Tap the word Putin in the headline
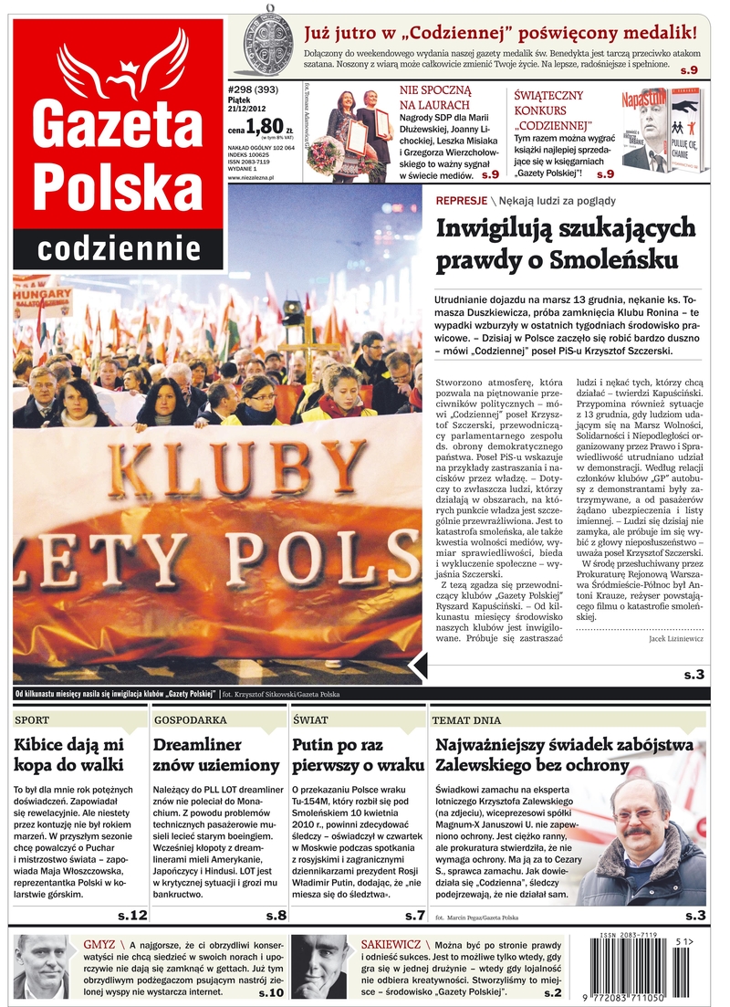pyautogui.click(x=316, y=745)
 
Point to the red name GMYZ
pyautogui.click(x=99, y=943)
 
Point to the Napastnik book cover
pyautogui.click(x=644, y=130)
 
